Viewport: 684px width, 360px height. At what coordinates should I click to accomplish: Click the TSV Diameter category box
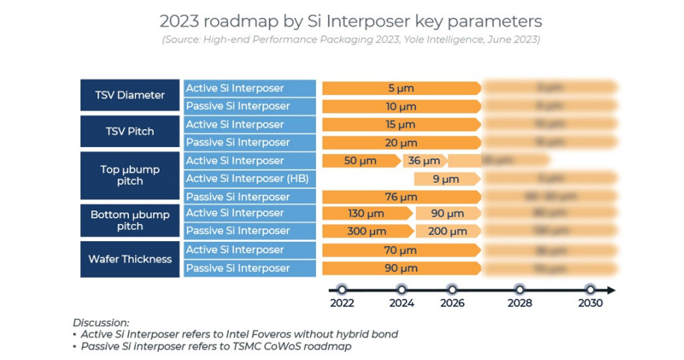coord(130,95)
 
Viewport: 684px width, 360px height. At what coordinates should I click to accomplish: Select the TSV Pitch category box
coord(130,132)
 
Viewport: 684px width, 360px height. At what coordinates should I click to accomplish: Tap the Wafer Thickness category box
coord(130,259)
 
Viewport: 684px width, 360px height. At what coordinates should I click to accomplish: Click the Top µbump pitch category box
coord(130,175)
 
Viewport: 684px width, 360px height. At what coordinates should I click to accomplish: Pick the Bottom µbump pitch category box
coord(130,220)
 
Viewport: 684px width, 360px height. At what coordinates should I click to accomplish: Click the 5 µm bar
coord(401,88)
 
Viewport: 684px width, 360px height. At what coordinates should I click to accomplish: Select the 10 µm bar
coord(401,106)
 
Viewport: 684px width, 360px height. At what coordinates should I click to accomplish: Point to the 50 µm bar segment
coord(360,161)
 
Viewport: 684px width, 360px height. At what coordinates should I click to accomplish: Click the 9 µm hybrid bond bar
coord(446,179)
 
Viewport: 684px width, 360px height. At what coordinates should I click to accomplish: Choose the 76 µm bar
coord(401,197)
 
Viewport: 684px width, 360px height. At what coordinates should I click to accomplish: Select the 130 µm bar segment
coord(366,213)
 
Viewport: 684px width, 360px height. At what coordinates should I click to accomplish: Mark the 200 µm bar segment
coord(446,231)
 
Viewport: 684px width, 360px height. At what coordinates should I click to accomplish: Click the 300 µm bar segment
coord(366,231)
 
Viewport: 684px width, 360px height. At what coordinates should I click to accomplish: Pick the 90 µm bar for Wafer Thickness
coord(401,269)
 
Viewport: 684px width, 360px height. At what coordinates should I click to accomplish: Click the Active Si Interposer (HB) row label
coord(247,179)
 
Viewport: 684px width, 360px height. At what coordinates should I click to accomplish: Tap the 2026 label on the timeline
coord(452,303)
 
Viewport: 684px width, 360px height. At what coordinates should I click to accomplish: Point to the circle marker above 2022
coord(342,290)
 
